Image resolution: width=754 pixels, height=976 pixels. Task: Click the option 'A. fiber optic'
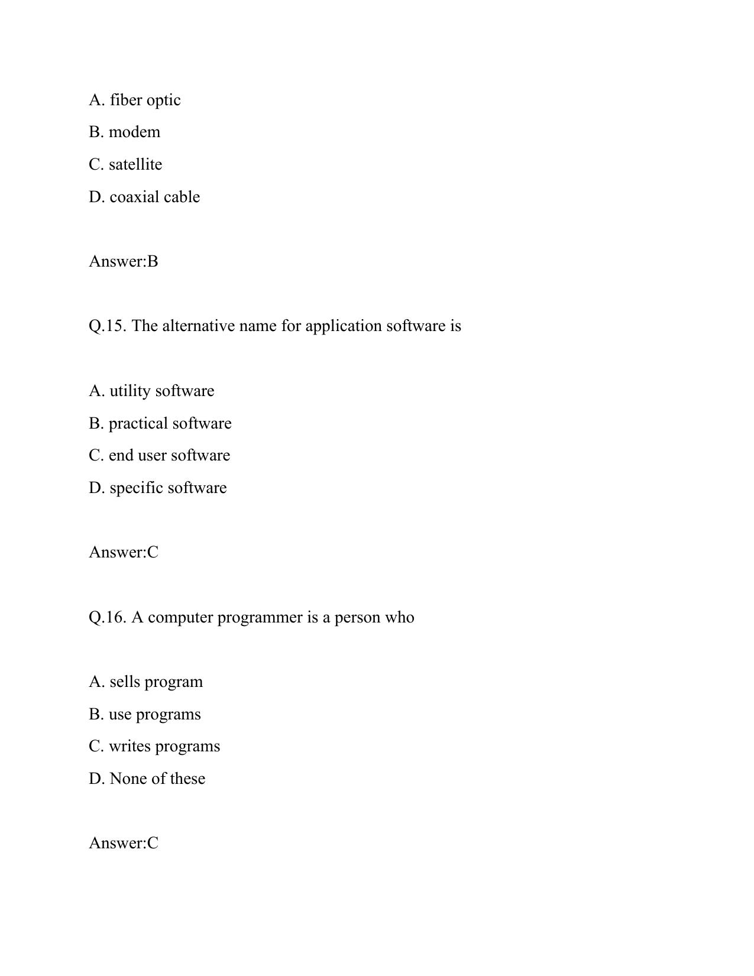tap(135, 100)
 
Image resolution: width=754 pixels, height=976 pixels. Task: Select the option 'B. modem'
tap(124, 132)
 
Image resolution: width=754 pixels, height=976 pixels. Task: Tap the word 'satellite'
tap(135, 164)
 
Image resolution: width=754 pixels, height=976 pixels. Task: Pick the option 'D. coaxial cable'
tap(144, 197)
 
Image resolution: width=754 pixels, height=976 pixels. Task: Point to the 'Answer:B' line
tap(124, 261)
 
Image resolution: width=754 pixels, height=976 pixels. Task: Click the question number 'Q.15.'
tap(108, 326)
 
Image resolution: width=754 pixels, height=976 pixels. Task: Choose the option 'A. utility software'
tap(151, 391)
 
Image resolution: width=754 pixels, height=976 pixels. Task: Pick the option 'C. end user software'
tap(159, 455)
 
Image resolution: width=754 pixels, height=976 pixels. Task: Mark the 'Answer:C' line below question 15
tap(124, 552)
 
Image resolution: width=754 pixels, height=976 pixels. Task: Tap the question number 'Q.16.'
tap(108, 617)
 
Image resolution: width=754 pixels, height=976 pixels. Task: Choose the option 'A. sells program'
tap(145, 682)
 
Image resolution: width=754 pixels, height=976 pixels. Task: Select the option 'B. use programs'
tap(145, 714)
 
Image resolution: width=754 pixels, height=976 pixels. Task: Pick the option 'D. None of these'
tap(147, 779)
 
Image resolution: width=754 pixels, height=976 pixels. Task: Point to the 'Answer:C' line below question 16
tap(124, 843)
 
